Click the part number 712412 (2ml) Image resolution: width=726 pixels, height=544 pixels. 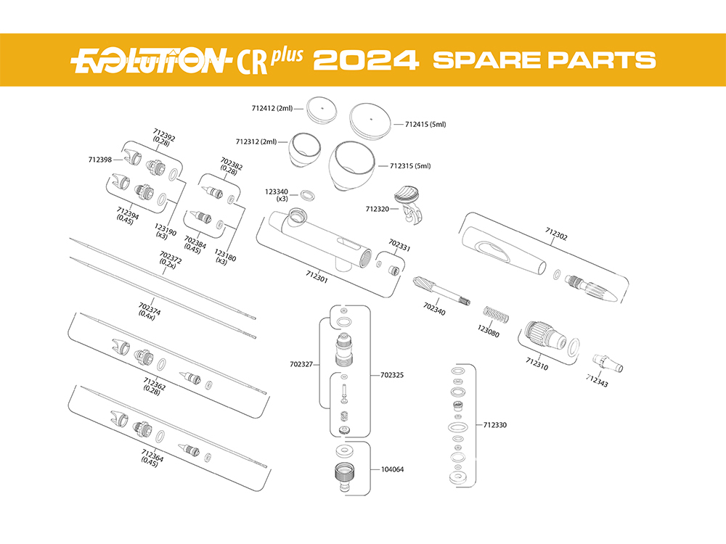[x=272, y=108]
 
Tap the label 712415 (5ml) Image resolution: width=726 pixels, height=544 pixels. [x=425, y=125]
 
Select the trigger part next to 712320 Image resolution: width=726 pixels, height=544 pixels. [x=409, y=204]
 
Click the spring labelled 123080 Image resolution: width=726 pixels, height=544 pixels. [x=496, y=315]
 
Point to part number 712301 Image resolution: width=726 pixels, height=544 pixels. [x=317, y=276]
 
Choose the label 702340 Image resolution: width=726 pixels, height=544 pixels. [x=434, y=308]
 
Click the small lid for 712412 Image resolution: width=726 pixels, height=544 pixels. [x=322, y=110]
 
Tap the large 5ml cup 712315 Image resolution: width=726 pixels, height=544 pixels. [x=352, y=165]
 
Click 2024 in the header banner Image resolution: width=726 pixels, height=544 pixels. [x=366, y=61]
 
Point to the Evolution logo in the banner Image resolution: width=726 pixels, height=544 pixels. [x=150, y=61]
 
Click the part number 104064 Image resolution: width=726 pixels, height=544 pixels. [x=392, y=469]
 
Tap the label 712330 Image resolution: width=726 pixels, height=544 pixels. [x=495, y=425]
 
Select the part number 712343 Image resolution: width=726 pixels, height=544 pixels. [x=597, y=380]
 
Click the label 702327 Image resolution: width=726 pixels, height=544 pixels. [x=301, y=365]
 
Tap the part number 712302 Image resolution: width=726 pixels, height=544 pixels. [x=556, y=234]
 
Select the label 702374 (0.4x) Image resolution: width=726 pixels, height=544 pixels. [x=149, y=310]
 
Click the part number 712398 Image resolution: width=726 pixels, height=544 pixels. [x=100, y=160]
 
